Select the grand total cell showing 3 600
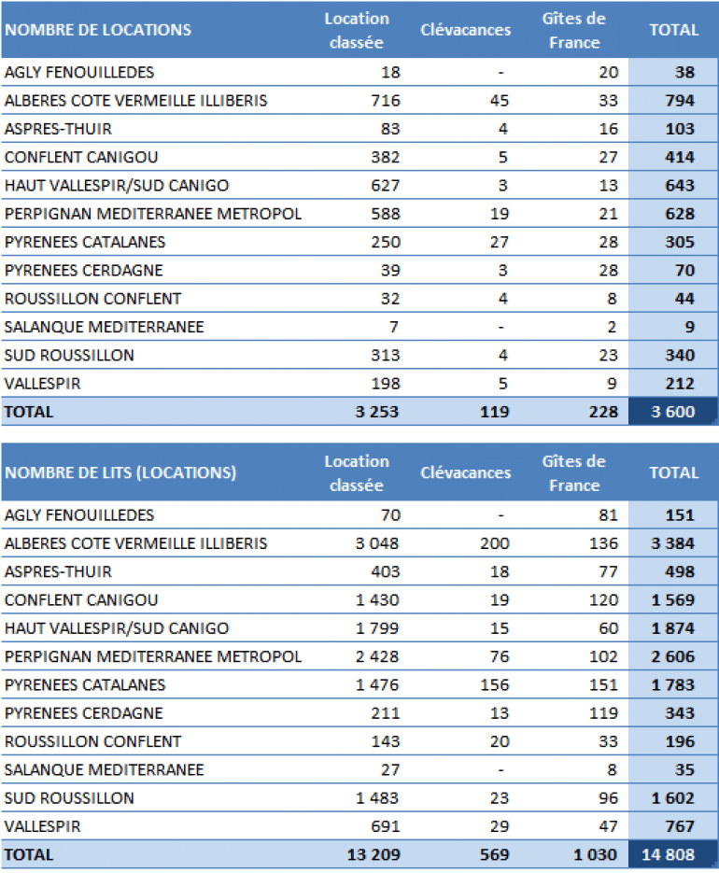tap(672, 412)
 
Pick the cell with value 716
tap(384, 101)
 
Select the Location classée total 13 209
tap(373, 854)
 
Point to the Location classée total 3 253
tap(376, 412)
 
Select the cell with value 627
tap(384, 186)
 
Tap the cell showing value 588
tap(384, 214)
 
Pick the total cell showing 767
tap(678, 826)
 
